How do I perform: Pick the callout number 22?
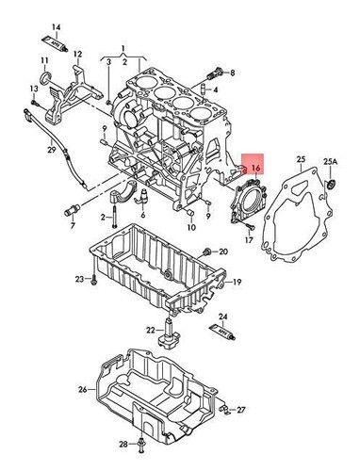[151, 330]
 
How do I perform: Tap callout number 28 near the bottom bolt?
[123, 443]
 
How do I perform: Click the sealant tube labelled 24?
[221, 332]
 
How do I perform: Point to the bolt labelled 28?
[141, 444]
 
